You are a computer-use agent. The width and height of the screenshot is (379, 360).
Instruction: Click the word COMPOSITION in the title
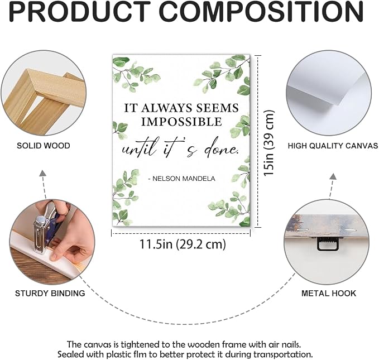tap(261, 12)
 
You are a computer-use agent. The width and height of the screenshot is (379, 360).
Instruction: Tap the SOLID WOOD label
tap(44, 146)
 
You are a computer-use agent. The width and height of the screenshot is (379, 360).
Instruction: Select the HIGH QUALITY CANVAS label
tap(333, 146)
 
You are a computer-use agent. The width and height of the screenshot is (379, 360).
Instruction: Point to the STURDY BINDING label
tap(50, 293)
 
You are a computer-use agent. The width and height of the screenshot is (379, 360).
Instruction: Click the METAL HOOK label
tap(329, 293)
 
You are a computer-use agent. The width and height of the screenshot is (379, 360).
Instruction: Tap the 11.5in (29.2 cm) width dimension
tap(183, 244)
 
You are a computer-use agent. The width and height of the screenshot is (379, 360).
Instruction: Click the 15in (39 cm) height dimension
tap(269, 143)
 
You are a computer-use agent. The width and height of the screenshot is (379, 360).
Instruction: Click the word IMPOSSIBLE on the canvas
tap(181, 122)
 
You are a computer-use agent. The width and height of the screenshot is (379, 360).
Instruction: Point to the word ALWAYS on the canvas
tap(167, 108)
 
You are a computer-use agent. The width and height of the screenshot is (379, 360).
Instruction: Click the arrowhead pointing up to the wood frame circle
tap(43, 172)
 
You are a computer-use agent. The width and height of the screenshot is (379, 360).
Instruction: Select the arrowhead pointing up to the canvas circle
tap(334, 176)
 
